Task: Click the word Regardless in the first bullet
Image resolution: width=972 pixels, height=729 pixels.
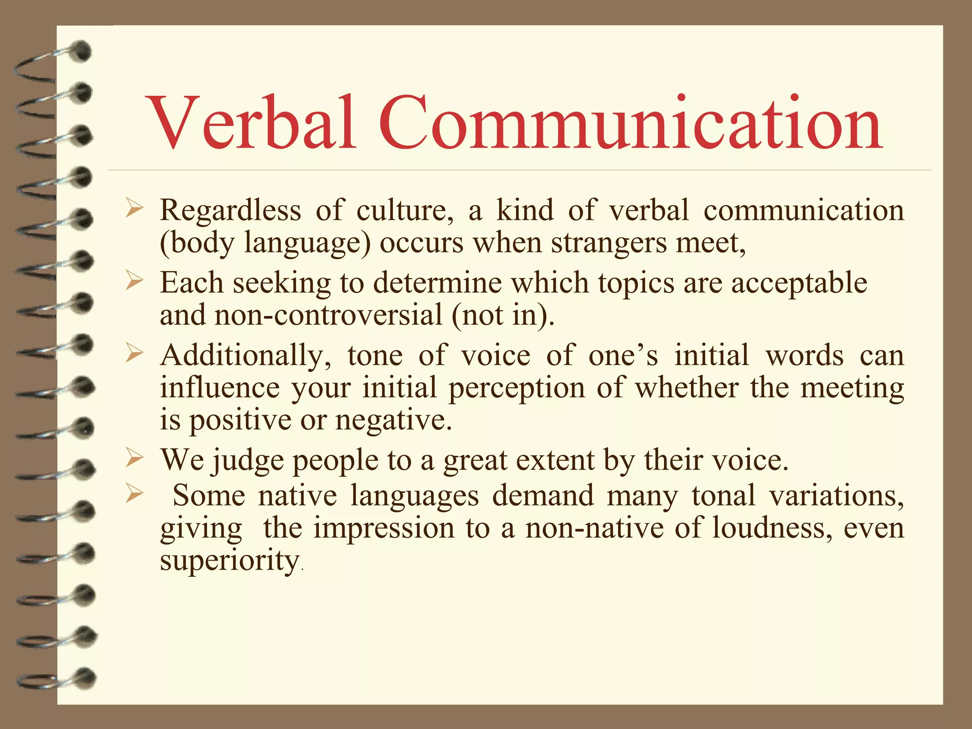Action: (x=231, y=210)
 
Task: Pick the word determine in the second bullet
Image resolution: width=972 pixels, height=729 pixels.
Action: (x=437, y=283)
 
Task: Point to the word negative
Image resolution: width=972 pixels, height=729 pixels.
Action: (x=393, y=421)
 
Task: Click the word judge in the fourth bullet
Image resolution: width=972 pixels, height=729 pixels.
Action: (x=247, y=461)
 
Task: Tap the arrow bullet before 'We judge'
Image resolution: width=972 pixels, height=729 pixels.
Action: (x=134, y=458)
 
